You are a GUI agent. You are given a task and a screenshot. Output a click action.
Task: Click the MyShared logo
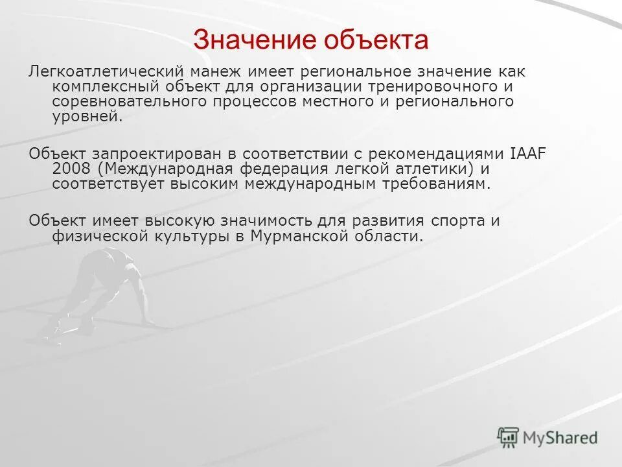547,437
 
